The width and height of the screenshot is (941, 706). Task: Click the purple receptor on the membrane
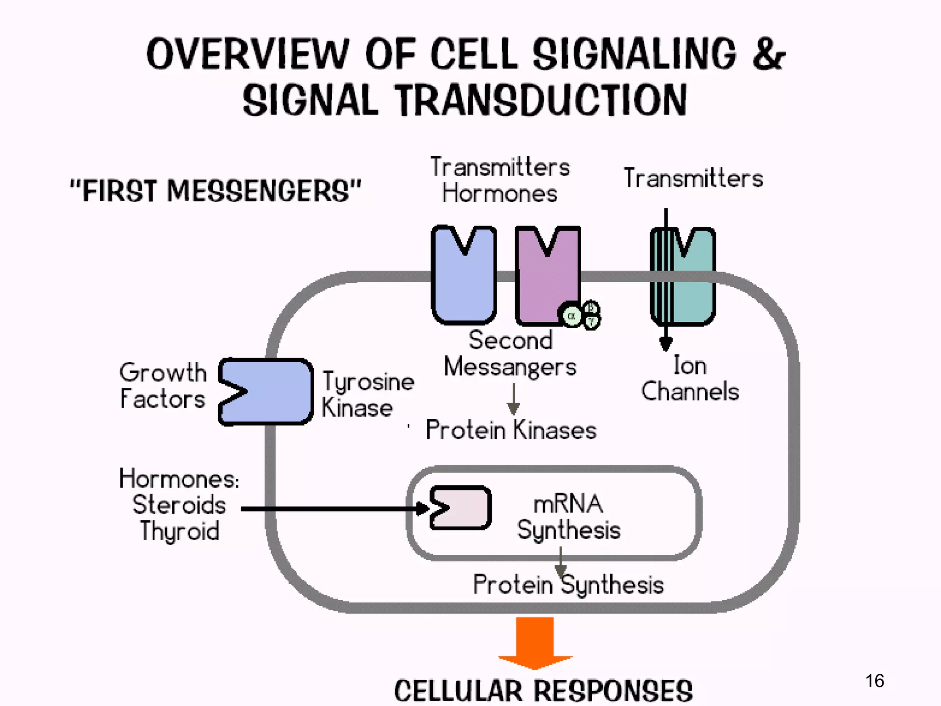point(547,285)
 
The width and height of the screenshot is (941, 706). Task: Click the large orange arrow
point(535,641)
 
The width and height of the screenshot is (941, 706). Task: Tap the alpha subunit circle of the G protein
point(572,316)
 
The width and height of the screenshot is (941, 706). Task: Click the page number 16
point(874,681)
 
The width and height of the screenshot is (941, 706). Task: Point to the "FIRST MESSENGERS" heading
point(215,191)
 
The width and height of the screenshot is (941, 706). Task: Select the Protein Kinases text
point(510,430)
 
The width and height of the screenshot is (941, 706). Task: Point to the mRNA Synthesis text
point(568,517)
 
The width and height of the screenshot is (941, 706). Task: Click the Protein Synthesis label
point(568,585)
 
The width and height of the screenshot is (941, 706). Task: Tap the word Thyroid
point(180,531)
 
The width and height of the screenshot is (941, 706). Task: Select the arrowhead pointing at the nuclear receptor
point(422,508)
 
